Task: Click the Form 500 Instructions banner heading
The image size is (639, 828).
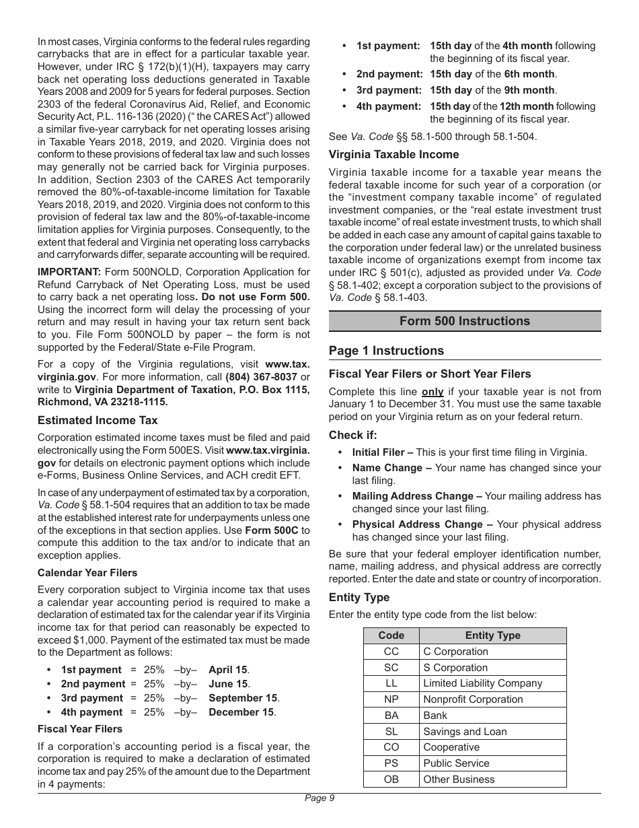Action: pyautogui.click(x=464, y=321)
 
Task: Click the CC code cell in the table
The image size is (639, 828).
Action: pyautogui.click(x=391, y=652)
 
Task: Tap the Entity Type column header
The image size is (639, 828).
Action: pyautogui.click(x=492, y=635)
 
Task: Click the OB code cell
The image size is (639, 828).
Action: pyautogui.click(x=391, y=780)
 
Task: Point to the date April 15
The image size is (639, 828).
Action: pyautogui.click(x=228, y=670)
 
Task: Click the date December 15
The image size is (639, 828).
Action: pyautogui.click(x=241, y=712)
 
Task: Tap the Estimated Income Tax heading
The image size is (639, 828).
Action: pyautogui.click(x=98, y=421)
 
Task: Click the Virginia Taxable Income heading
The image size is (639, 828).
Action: pyautogui.click(x=393, y=155)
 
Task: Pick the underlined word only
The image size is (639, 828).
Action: pyautogui.click(x=433, y=392)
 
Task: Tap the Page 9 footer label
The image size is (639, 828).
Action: pyautogui.click(x=319, y=798)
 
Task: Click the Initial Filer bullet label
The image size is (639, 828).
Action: pyautogui.click(x=379, y=452)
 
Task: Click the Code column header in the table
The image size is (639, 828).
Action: pyautogui.click(x=391, y=635)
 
